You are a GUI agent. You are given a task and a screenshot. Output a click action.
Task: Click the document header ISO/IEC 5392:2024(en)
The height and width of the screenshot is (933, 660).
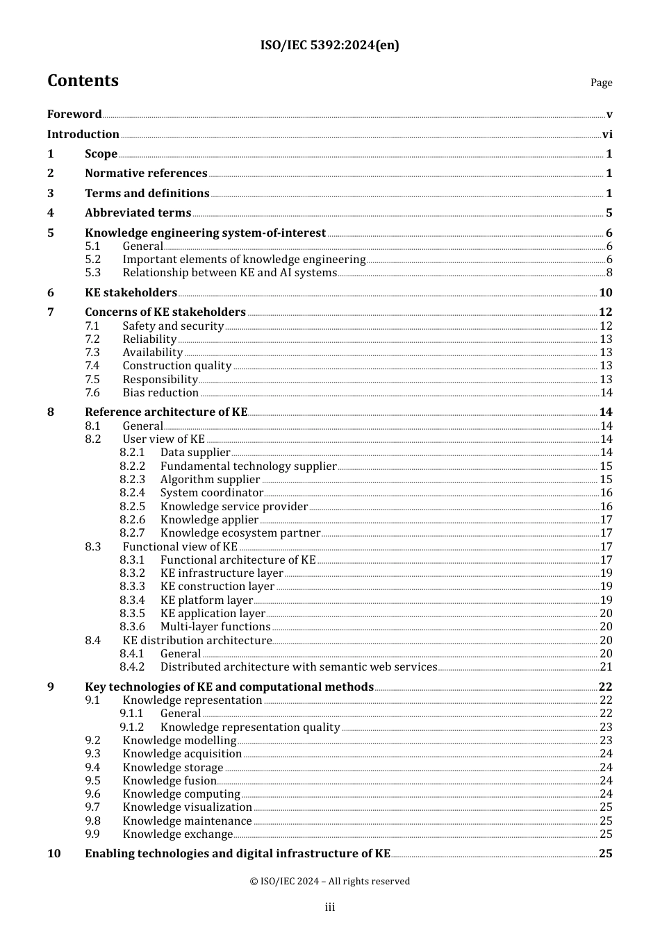pos(329,46)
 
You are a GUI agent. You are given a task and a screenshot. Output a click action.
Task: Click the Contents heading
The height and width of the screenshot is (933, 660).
pos(83,81)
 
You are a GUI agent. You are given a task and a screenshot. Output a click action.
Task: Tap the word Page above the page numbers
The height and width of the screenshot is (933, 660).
pos(601,83)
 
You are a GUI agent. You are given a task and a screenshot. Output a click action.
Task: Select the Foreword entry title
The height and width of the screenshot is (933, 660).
pos(74,115)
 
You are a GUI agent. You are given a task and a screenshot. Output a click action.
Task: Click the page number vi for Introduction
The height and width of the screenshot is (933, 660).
pos(607,135)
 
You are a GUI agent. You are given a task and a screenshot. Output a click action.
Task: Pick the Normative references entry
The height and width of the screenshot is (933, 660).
pos(146,174)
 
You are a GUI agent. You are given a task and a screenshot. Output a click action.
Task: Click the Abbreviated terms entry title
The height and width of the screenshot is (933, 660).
pos(138,213)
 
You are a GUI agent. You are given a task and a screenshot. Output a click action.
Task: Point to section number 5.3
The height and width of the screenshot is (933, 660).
pos(93,273)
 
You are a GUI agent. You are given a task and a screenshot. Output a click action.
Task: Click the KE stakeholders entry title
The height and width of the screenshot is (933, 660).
pos(131,293)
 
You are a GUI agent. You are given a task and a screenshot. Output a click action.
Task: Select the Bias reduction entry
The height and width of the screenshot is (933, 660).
pos(160,393)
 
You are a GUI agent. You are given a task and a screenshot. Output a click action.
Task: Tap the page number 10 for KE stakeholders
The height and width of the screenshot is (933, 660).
pos(605,293)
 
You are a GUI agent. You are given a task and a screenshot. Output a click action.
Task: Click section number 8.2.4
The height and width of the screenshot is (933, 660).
pos(132,493)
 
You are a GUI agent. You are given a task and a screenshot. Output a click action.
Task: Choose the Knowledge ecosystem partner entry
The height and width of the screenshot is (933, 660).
pos(240,533)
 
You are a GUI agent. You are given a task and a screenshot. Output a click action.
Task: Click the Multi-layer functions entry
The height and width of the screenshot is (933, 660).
pos(215,627)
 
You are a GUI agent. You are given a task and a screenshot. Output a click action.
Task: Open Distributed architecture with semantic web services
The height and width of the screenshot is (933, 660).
pos(299,667)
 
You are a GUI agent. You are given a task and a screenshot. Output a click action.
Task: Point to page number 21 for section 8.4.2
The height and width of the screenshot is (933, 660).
pos(606,667)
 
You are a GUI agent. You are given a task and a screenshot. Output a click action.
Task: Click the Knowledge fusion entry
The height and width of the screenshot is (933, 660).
pos(170,781)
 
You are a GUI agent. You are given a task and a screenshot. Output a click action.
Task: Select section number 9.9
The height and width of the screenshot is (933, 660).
pos(93,834)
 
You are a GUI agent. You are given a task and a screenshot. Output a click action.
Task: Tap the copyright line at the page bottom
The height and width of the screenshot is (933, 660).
pos(330,882)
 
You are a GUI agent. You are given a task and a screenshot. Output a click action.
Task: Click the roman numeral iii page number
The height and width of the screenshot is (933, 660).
pos(330,907)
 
